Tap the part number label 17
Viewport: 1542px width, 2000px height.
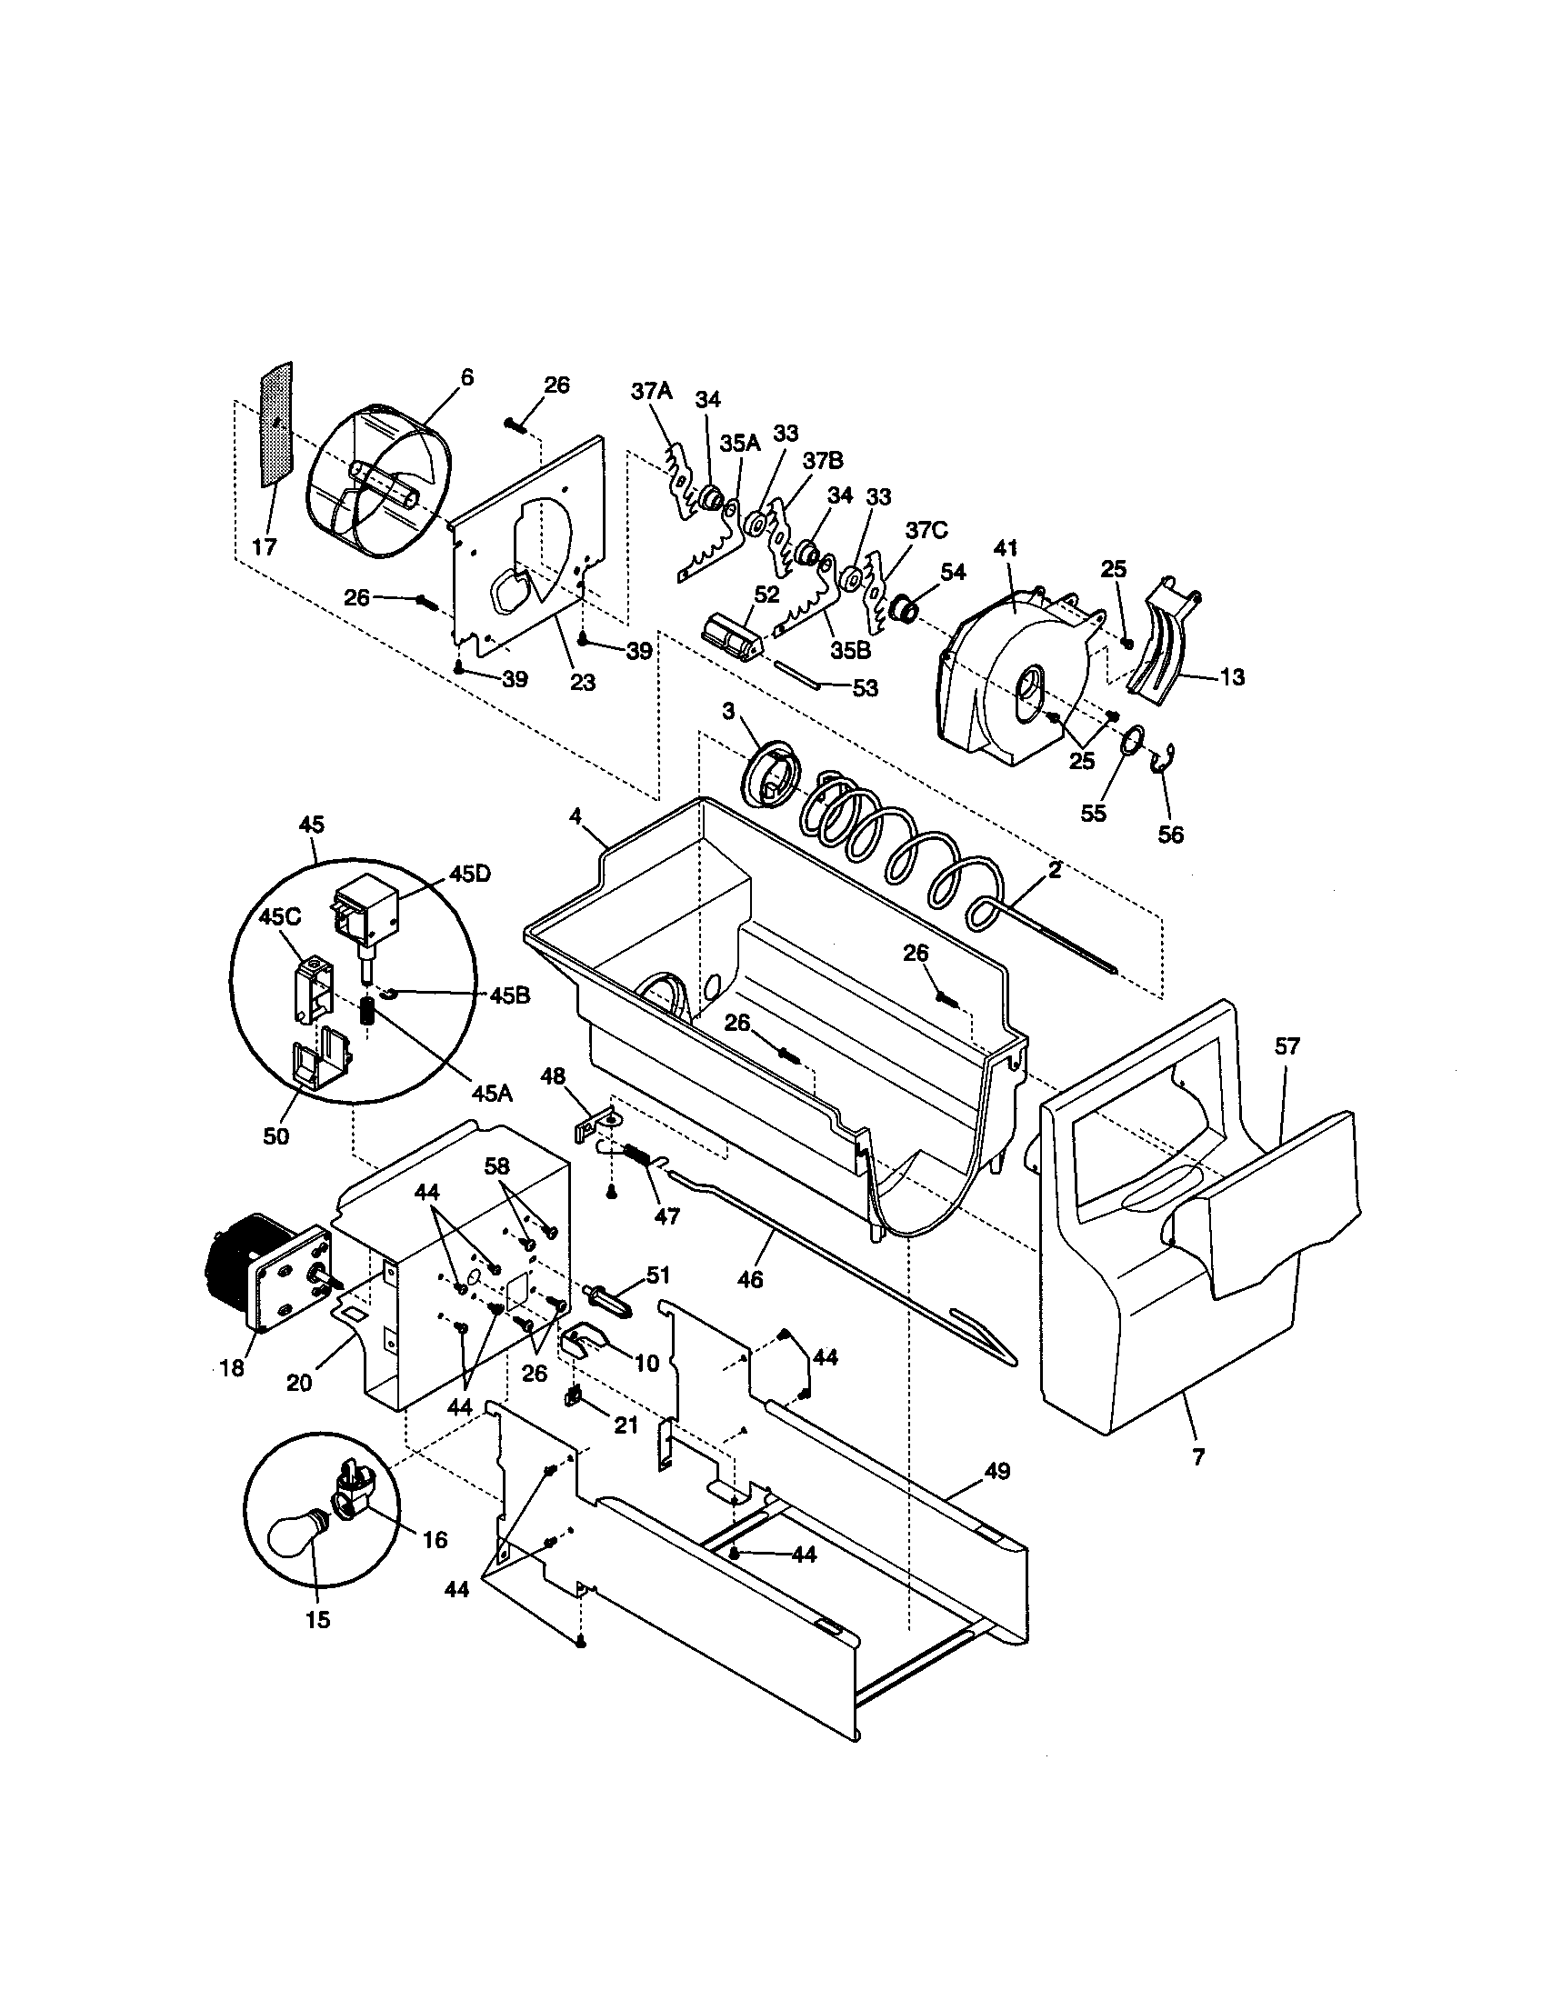click(264, 546)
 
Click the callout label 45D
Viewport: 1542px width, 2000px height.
click(469, 873)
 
